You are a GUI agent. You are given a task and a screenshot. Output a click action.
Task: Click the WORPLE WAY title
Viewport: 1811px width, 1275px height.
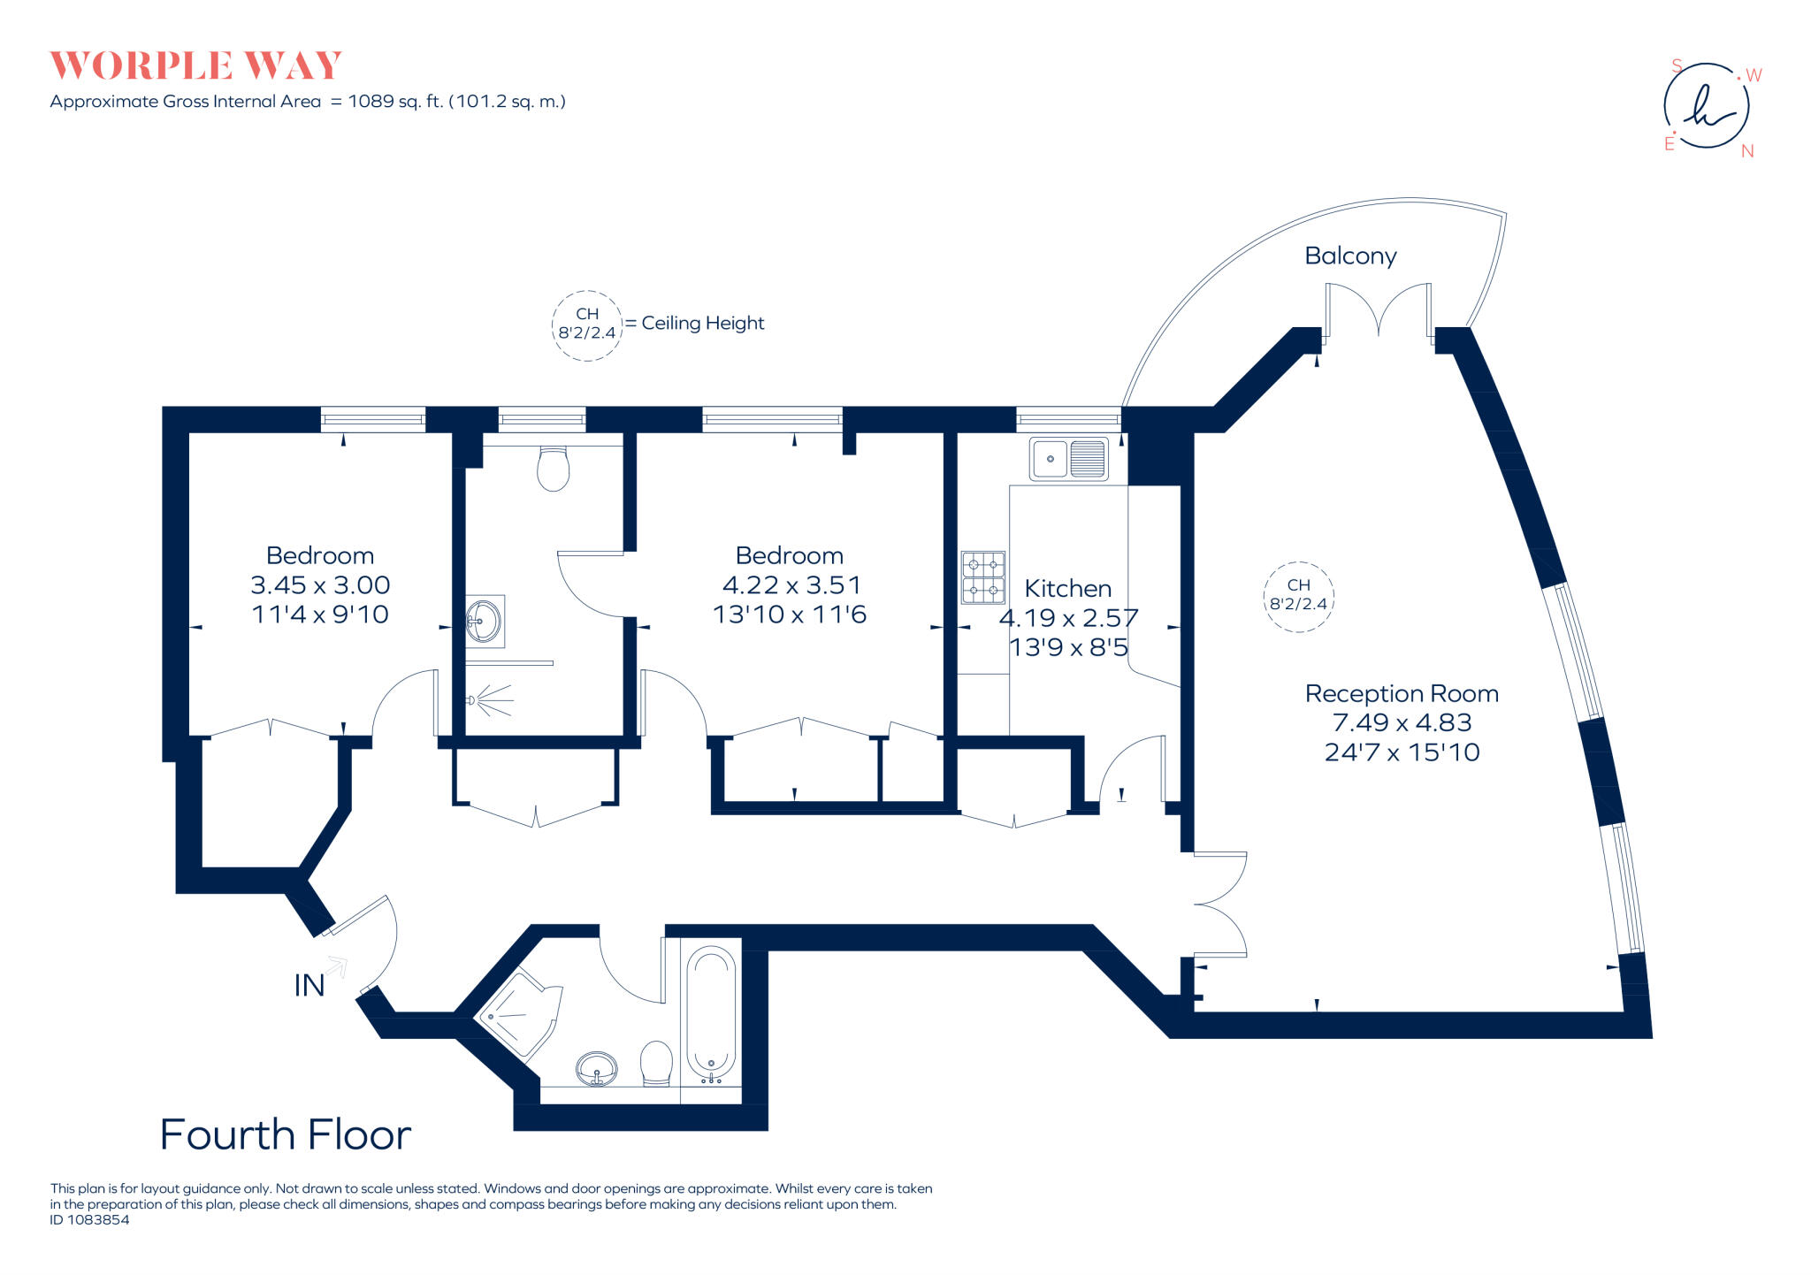195,66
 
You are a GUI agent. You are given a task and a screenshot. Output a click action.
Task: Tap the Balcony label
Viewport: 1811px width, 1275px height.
1350,256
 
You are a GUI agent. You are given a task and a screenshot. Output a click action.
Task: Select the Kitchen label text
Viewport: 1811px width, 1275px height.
1067,589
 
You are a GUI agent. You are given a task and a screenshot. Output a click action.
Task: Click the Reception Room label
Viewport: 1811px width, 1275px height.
1402,694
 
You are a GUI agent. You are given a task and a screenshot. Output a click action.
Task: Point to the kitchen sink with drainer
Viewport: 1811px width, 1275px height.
1069,460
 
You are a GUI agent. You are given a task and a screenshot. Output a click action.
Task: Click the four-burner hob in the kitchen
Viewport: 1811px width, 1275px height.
983,577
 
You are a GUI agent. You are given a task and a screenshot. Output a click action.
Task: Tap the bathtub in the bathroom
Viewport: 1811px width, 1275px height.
711,1013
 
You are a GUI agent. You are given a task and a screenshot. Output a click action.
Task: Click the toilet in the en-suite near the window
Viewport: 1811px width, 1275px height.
554,469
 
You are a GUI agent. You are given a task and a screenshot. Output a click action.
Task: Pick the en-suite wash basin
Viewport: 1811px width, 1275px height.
484,621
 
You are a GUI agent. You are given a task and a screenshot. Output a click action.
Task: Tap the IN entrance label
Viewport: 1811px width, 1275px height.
309,986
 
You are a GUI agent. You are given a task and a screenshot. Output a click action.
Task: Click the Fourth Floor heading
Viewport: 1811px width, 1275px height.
286,1135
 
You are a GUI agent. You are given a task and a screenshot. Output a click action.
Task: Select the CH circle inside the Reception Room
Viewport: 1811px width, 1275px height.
1298,596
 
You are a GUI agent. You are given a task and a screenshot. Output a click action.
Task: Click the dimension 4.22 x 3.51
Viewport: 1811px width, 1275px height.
791,585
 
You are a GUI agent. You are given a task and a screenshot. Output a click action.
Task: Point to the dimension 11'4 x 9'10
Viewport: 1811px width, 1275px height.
320,615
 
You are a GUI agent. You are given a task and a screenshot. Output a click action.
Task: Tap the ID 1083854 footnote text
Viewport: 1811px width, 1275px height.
90,1220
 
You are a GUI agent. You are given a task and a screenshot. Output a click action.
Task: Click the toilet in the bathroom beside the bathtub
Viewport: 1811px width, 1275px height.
656,1063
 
